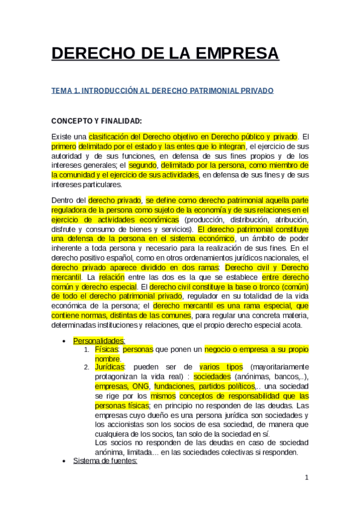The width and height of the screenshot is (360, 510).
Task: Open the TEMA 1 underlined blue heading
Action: [162, 90]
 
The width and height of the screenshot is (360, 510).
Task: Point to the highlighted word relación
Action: [112, 277]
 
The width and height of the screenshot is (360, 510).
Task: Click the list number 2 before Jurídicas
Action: [87, 367]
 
